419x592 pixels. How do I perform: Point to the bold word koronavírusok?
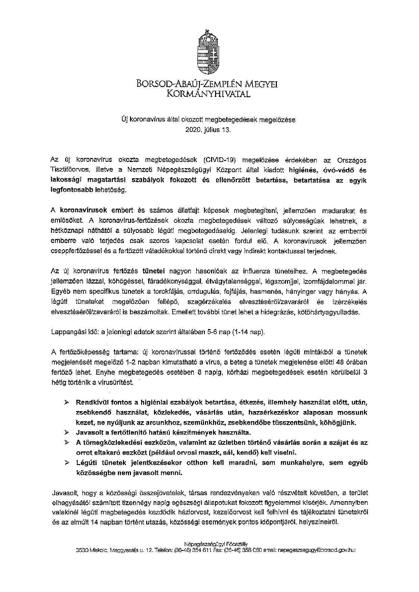pos(83,210)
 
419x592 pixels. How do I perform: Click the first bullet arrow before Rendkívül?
pos(67,402)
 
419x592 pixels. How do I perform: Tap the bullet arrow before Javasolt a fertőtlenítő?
pos(67,432)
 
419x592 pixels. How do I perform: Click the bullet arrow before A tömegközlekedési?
pos(67,442)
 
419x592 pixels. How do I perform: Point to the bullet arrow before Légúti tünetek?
pos(67,462)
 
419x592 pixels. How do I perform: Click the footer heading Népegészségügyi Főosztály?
pos(216,544)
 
